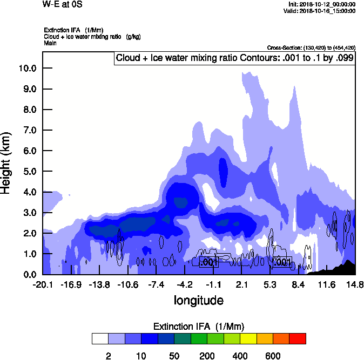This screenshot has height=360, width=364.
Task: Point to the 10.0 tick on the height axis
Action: [x=27, y=69]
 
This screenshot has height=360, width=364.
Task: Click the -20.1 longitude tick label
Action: [x=43, y=284]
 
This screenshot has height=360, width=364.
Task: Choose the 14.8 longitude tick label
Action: [x=355, y=284]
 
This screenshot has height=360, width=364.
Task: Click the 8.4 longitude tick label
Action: [x=298, y=284]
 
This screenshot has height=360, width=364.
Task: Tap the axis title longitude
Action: [x=199, y=300]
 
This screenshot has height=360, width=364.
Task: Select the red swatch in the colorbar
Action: [x=298, y=338]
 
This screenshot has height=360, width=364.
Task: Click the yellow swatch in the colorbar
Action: [x=248, y=338]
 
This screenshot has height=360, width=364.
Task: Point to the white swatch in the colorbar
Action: [x=99, y=338]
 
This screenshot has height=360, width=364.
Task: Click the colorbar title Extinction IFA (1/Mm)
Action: [x=198, y=327]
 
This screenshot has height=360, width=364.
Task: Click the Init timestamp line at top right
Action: [x=322, y=4]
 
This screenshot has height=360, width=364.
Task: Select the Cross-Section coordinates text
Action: [x=311, y=47]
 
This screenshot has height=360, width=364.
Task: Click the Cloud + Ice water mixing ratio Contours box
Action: [x=234, y=58]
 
